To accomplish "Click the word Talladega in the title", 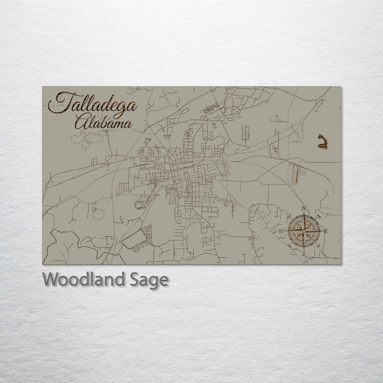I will click(x=93, y=105).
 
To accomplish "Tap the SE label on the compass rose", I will click(x=319, y=246).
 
